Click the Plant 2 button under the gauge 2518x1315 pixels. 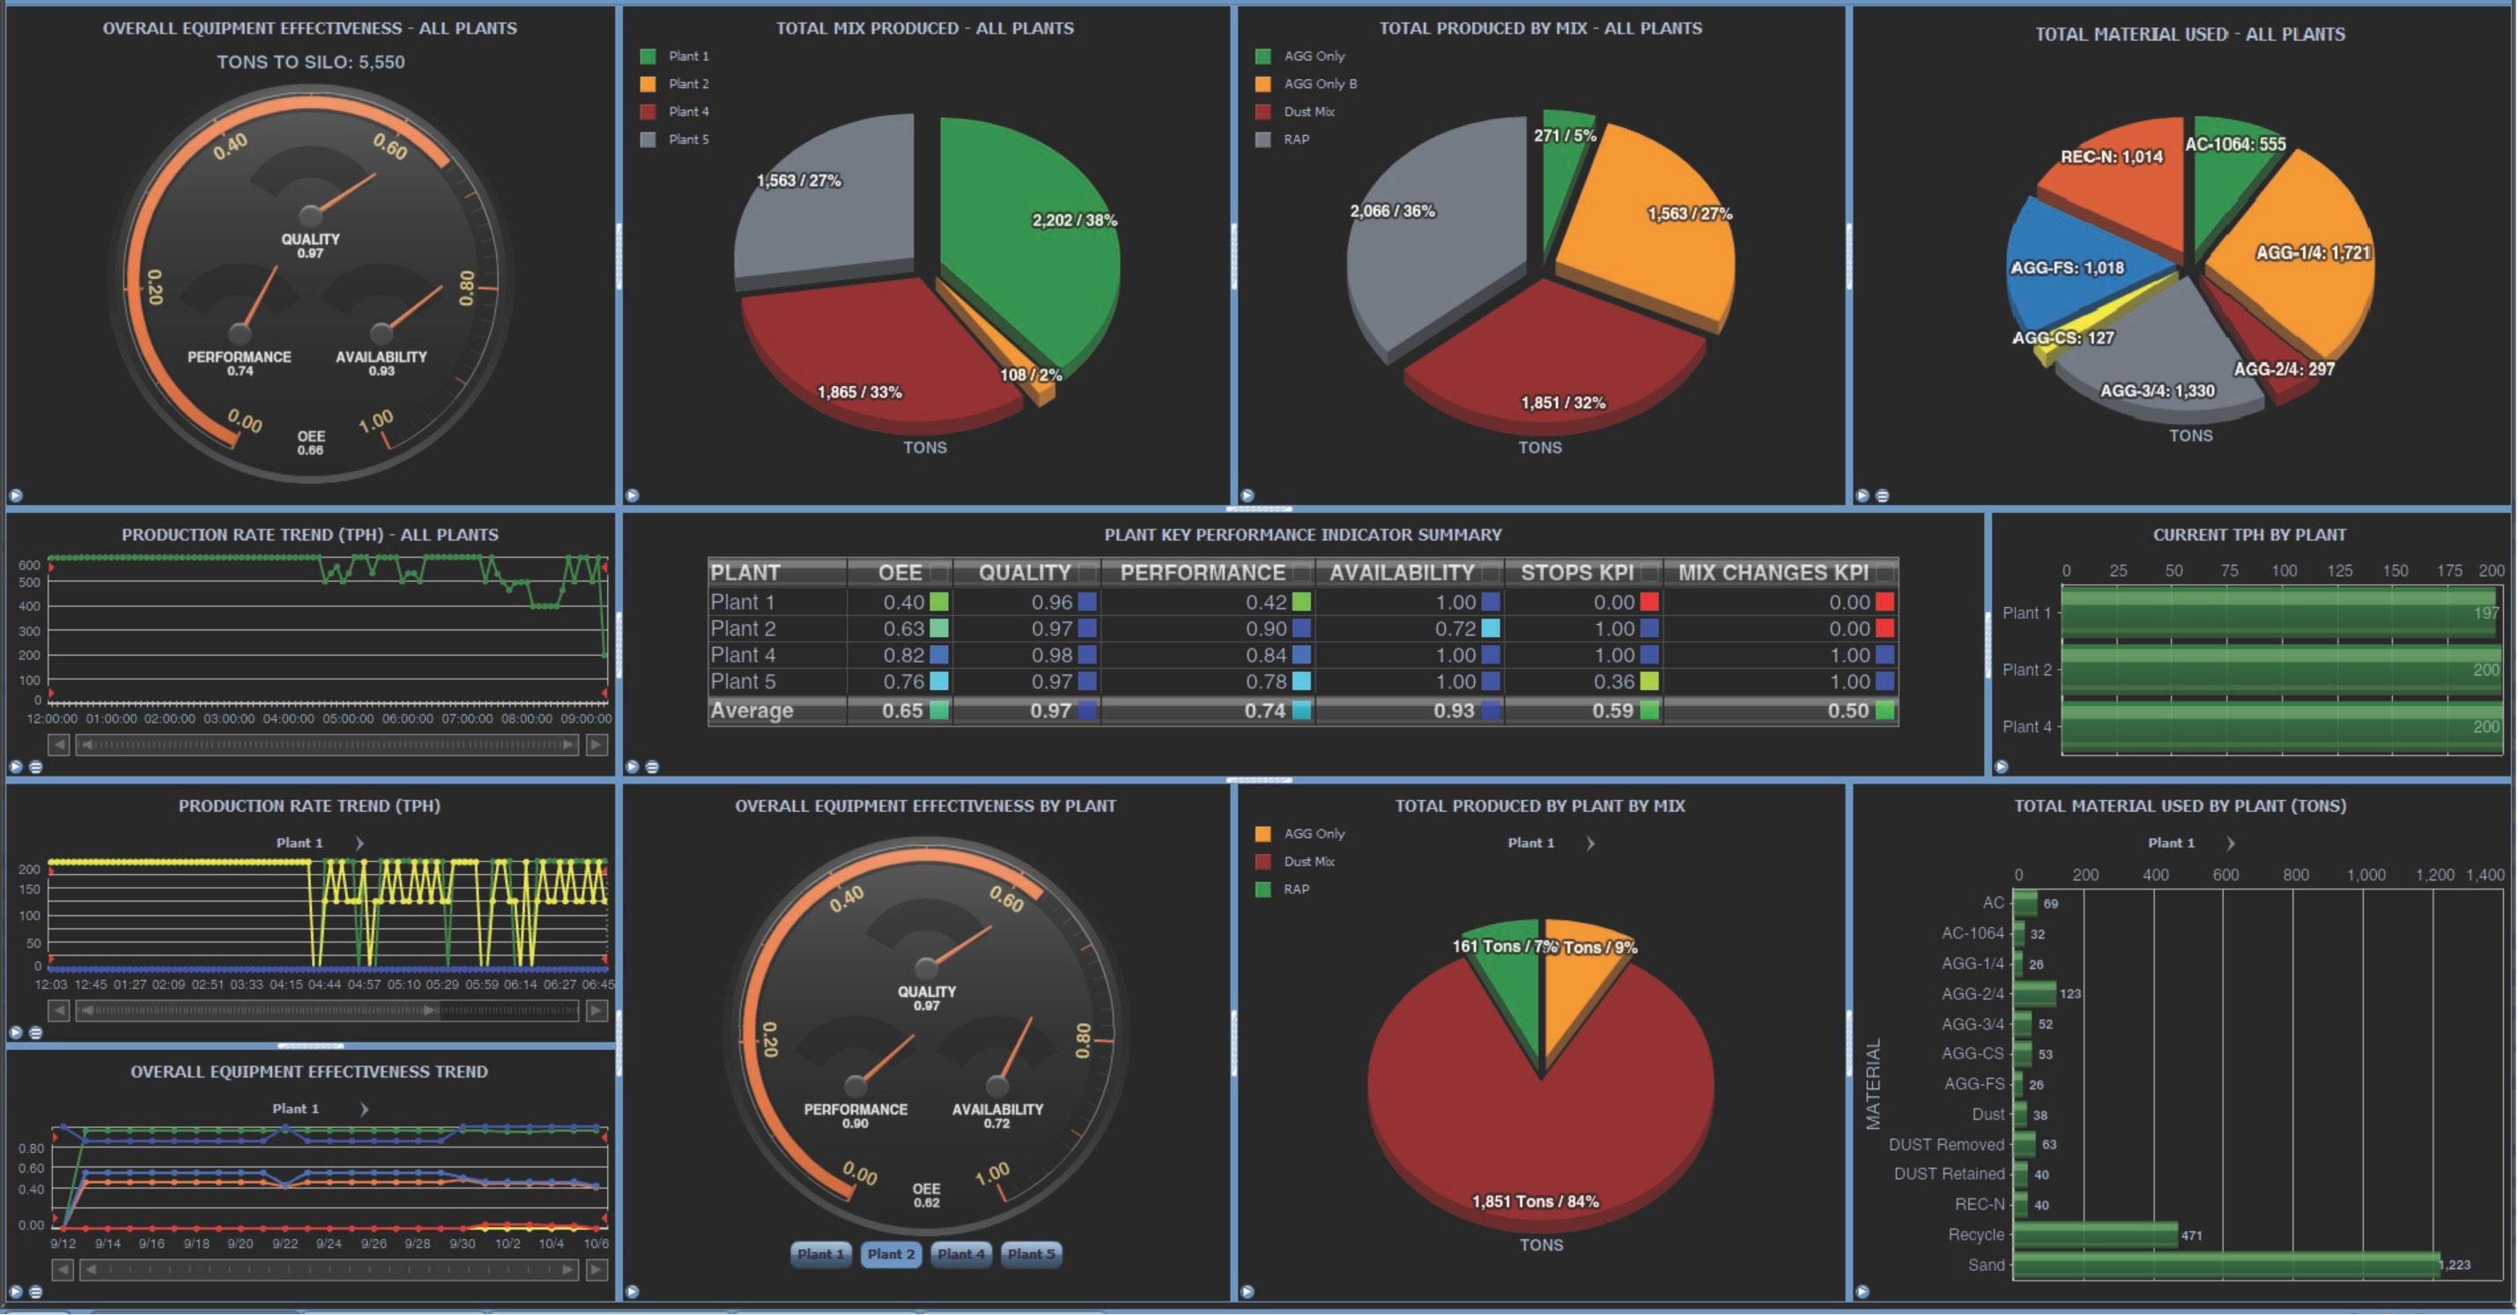click(x=891, y=1253)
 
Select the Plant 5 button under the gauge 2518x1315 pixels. click(x=1031, y=1253)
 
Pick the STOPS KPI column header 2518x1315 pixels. click(x=1575, y=572)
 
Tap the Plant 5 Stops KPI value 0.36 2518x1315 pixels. click(x=1614, y=681)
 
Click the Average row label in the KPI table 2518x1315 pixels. click(x=752, y=710)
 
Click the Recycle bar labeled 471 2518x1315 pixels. click(x=2095, y=1235)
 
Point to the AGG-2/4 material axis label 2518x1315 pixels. click(x=1972, y=993)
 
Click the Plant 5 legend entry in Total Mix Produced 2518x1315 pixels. click(x=687, y=139)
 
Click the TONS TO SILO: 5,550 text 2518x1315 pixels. click(x=310, y=62)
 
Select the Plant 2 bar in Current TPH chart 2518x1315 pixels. click(x=2277, y=670)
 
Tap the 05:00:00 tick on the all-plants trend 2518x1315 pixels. click(x=348, y=718)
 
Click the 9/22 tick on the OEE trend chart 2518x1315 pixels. click(x=285, y=1244)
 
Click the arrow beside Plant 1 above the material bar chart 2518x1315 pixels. click(x=2231, y=843)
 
